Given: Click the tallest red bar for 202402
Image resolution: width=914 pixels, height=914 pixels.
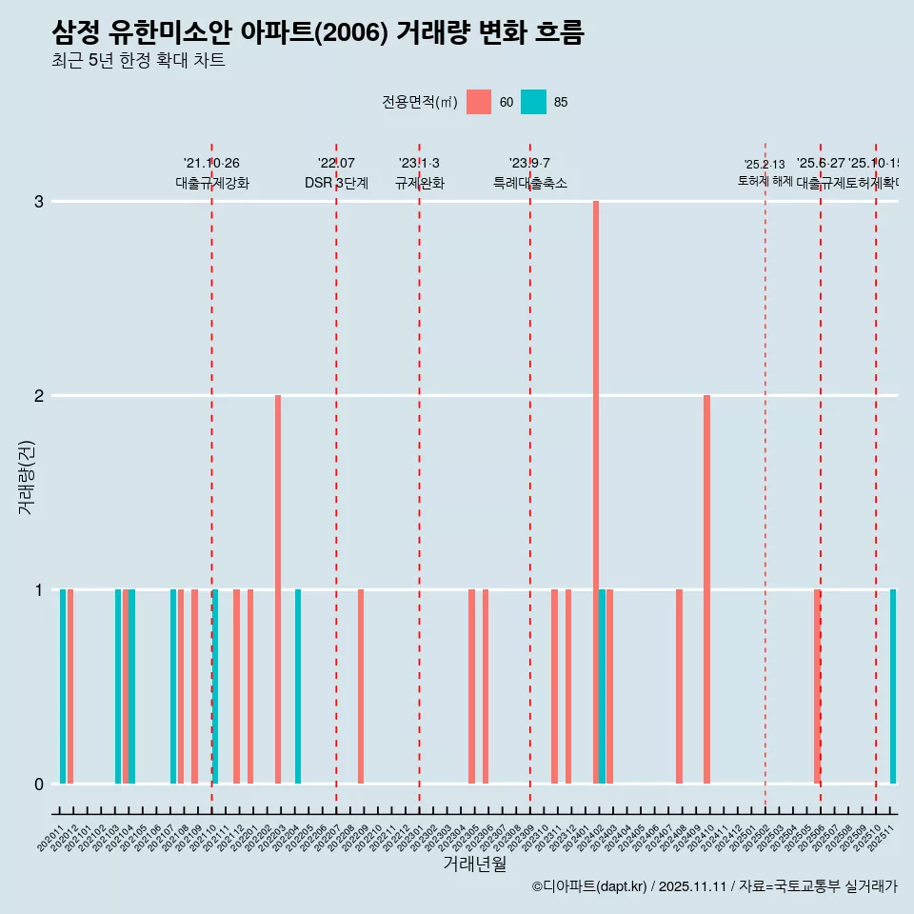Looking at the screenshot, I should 596,491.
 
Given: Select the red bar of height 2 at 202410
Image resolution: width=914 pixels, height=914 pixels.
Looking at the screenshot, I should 706,588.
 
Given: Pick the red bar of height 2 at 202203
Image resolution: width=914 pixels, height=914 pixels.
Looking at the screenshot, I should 278,588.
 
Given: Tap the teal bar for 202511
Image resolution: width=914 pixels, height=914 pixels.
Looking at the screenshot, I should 893,685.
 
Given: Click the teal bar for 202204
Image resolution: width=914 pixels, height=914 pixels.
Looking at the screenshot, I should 298,685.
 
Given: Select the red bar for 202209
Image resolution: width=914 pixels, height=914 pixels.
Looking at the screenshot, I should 361,685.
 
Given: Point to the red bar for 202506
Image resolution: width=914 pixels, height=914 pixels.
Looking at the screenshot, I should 817,685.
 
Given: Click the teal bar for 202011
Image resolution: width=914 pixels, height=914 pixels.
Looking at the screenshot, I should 63,685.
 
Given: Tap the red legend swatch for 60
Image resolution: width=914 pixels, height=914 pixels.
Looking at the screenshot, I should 479,102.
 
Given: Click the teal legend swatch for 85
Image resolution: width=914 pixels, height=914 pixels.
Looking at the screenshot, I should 534,102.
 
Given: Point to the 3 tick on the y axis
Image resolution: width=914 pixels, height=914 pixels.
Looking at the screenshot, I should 39,202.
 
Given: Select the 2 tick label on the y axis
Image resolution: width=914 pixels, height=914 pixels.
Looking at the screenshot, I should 39,395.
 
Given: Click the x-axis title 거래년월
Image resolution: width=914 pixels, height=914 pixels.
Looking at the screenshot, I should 474,864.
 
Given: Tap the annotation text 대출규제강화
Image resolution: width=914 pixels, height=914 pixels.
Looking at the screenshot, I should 212,184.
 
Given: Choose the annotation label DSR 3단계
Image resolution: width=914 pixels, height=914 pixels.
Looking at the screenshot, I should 336,184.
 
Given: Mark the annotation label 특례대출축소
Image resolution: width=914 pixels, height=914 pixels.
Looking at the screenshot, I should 529,184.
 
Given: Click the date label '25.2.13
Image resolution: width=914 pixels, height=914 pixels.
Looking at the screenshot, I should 765,165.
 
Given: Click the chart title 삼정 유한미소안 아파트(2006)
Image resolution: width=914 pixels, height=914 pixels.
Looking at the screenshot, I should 317,32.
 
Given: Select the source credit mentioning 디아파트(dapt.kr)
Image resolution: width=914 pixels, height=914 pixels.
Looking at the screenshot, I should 714,886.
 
